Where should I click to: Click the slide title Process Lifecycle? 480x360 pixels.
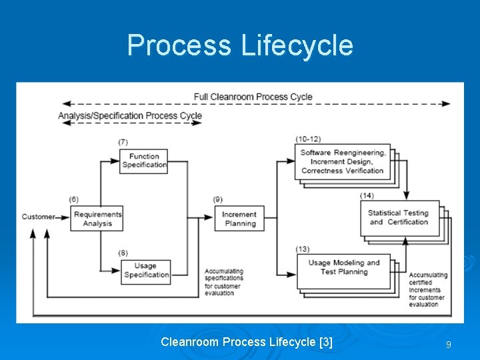click(240, 45)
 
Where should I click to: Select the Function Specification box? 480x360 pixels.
click(144, 161)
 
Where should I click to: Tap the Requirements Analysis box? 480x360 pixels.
click(97, 219)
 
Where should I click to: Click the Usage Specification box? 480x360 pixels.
click(146, 271)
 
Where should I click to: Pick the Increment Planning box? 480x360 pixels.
click(239, 219)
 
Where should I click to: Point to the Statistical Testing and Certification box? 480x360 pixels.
click(399, 217)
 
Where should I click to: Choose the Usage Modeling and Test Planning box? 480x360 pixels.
click(343, 267)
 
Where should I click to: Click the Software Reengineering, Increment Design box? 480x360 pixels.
click(342, 161)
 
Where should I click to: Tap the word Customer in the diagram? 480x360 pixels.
click(38, 217)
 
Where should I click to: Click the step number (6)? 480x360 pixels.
click(73, 199)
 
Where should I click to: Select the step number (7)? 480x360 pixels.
click(123, 142)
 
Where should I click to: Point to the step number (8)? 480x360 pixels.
click(123, 252)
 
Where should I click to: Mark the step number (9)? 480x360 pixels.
click(218, 199)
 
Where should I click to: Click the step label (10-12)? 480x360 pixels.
click(308, 139)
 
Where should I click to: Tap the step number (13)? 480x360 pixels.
click(303, 249)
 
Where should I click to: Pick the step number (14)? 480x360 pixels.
click(367, 195)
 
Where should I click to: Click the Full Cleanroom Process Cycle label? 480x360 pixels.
click(253, 97)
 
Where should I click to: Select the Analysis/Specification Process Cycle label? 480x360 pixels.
click(130, 115)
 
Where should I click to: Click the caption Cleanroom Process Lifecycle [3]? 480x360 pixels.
click(247, 342)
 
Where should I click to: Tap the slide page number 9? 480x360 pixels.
click(449, 345)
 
